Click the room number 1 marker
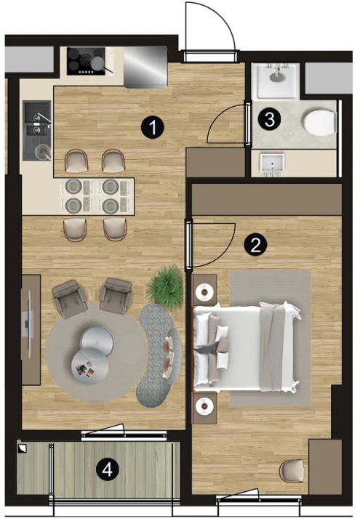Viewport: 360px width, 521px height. [153, 127]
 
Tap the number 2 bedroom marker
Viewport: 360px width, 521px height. [255, 245]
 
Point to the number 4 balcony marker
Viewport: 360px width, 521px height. [108, 470]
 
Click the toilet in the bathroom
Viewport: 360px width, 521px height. [320, 121]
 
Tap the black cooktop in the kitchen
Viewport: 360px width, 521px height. [86, 61]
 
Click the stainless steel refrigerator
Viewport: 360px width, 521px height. [145, 68]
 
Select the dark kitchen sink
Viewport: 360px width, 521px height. [37, 130]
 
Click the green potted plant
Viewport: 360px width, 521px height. [165, 287]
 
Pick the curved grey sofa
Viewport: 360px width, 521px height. [159, 355]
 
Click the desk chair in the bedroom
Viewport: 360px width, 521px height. [292, 471]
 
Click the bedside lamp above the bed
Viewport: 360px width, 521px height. [204, 292]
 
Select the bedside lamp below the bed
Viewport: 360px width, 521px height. [204, 405]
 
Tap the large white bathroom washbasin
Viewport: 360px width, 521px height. [276, 81]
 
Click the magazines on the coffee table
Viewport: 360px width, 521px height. [85, 369]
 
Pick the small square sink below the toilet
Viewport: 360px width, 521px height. [273, 163]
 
